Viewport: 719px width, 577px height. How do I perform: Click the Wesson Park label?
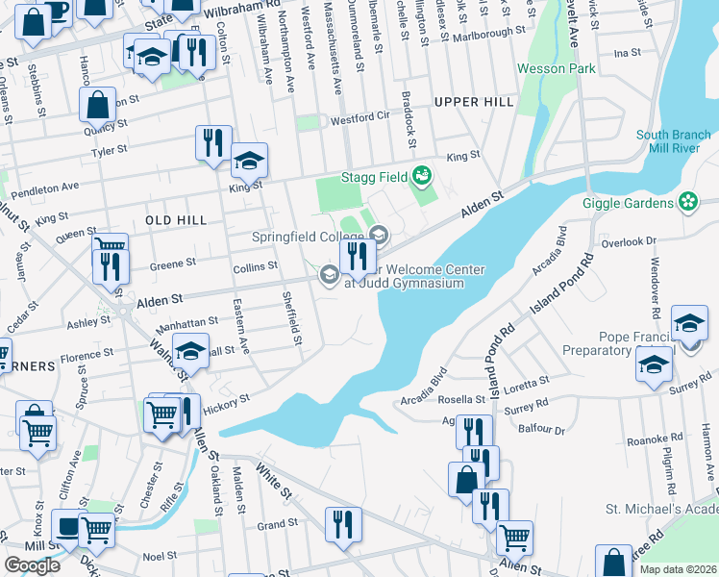click(x=556, y=68)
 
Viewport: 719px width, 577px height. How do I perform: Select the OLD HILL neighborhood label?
click(x=175, y=220)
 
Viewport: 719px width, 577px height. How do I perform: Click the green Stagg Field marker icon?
click(x=420, y=176)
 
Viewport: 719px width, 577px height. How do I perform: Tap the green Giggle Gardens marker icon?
click(x=687, y=202)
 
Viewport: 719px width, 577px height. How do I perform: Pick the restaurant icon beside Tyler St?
click(x=212, y=142)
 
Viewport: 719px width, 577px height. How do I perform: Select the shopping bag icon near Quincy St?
click(x=99, y=105)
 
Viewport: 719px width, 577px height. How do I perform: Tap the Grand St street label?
click(x=277, y=525)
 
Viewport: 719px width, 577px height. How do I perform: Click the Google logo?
click(x=32, y=565)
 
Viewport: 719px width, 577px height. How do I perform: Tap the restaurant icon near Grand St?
click(x=343, y=524)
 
